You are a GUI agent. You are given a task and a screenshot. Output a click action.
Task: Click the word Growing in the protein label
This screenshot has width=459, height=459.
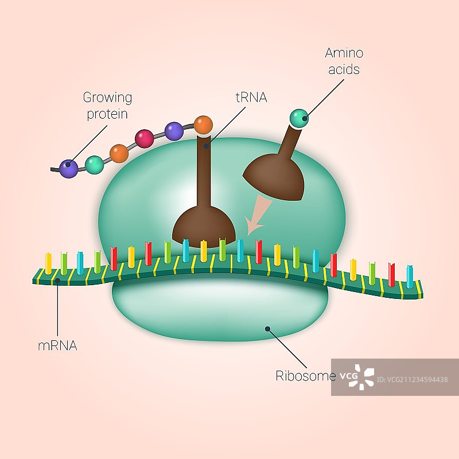(x=107, y=98)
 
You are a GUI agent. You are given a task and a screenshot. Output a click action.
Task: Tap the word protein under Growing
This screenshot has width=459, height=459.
(x=107, y=114)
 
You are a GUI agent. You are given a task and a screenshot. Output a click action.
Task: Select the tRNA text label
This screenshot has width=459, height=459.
(x=251, y=98)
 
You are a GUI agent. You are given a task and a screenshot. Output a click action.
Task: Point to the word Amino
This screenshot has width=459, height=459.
(x=344, y=53)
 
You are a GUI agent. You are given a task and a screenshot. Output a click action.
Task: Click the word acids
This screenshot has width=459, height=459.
(x=345, y=69)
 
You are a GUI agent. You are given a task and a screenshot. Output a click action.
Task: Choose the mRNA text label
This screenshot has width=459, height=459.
(x=57, y=345)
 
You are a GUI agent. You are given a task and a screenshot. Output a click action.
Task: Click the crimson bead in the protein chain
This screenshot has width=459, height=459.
(x=144, y=138)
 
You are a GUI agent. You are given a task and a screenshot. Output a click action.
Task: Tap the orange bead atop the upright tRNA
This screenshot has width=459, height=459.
(x=203, y=125)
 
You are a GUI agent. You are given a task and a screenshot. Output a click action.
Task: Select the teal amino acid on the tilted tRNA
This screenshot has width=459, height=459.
(x=299, y=118)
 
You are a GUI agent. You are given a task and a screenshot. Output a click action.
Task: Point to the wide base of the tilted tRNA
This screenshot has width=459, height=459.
(x=275, y=177)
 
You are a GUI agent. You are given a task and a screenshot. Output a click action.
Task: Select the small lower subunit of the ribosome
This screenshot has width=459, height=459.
(x=221, y=310)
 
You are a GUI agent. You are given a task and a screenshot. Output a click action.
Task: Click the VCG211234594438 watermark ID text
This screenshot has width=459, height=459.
(x=418, y=379)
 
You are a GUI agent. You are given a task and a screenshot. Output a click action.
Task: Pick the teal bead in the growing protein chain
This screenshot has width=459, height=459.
(x=94, y=165)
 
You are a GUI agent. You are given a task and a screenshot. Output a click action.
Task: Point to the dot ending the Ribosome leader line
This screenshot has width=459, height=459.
(x=267, y=329)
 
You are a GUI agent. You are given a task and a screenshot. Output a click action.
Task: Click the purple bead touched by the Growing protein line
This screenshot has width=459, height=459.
(x=69, y=168)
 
